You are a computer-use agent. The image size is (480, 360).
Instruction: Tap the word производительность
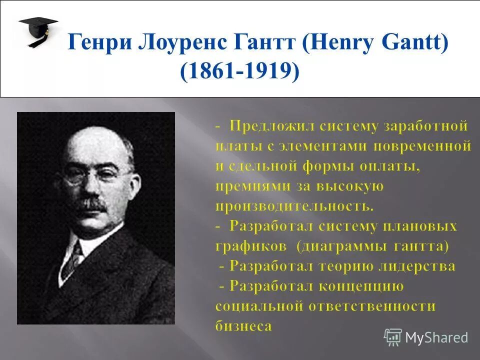[x=294, y=205]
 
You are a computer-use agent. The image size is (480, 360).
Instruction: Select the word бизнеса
[x=243, y=326]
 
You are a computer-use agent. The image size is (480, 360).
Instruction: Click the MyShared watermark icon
[x=392, y=337]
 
